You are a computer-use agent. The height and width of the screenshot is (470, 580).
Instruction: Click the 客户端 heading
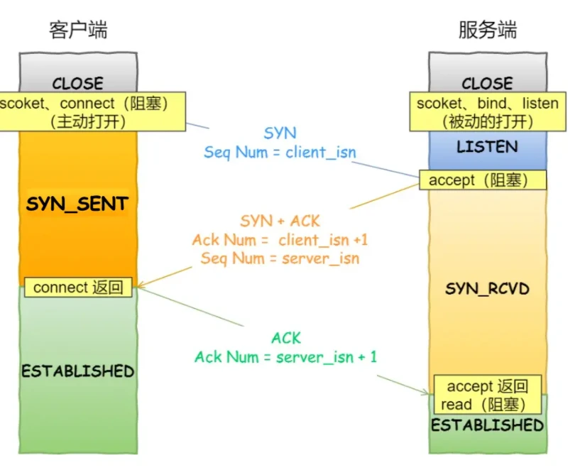(78, 30)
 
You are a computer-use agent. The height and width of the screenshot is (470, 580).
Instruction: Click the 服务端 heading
(487, 30)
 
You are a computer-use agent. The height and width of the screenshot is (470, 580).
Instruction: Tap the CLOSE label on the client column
(77, 83)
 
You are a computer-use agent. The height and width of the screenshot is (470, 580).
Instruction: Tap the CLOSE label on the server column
(487, 83)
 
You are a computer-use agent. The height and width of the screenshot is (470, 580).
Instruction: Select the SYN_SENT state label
(77, 204)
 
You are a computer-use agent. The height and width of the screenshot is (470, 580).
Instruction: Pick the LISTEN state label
(487, 147)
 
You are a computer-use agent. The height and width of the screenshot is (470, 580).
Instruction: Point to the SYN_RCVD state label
(487, 289)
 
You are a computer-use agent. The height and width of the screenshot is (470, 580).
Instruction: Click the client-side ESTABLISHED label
(77, 371)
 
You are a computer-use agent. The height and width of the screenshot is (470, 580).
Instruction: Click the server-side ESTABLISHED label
(487, 425)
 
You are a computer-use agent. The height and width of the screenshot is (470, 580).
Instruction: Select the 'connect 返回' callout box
(78, 288)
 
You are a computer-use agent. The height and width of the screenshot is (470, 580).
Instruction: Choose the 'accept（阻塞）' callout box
(483, 180)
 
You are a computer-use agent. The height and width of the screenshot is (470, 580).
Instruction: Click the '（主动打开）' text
(89, 121)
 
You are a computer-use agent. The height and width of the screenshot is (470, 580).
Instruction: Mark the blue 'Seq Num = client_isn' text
(280, 152)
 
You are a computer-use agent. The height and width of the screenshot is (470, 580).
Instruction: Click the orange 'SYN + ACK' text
(280, 222)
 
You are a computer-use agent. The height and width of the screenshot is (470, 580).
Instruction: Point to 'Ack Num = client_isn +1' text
(280, 240)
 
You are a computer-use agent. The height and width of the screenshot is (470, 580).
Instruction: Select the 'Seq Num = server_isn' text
(280, 258)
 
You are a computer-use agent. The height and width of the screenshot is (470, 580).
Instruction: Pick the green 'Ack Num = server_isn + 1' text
(285, 356)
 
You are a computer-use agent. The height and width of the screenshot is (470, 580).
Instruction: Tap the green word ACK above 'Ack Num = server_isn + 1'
(286, 338)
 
